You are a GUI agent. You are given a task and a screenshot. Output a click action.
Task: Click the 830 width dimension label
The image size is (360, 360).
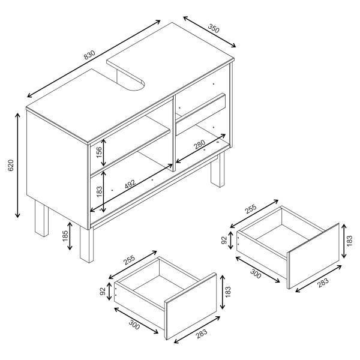point(89,55)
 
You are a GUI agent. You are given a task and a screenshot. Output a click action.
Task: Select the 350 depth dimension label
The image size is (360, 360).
point(214,28)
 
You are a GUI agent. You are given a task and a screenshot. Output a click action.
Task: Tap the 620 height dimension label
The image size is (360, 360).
point(11,166)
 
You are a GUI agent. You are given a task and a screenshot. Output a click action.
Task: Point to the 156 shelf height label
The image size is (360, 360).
point(99,152)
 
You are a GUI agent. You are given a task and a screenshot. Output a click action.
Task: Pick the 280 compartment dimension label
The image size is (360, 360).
point(199,145)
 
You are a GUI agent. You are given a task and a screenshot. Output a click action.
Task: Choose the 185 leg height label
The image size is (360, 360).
point(65,236)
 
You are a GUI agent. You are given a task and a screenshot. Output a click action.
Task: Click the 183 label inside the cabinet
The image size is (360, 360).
point(99,191)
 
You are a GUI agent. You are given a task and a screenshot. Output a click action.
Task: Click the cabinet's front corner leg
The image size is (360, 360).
point(86,245)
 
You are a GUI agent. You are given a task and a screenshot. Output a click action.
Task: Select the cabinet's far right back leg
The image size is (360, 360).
point(218,169)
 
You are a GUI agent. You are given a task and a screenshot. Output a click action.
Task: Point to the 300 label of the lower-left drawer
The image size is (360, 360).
point(134,325)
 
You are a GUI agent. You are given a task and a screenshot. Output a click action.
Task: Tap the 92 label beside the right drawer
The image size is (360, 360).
point(224,240)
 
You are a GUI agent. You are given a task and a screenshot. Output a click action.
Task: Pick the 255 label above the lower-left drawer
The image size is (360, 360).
point(129,260)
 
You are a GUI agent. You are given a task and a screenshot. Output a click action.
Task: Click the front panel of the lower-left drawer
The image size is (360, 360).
point(191,306)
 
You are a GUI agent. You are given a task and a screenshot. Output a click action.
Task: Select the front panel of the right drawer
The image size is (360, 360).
point(314,256)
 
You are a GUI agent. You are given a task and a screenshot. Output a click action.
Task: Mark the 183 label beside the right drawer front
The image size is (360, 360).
point(349,241)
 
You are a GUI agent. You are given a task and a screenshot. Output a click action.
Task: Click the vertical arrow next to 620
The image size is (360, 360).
point(17,166)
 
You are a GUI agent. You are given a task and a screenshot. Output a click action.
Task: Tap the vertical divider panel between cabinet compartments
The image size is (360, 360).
point(174,133)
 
